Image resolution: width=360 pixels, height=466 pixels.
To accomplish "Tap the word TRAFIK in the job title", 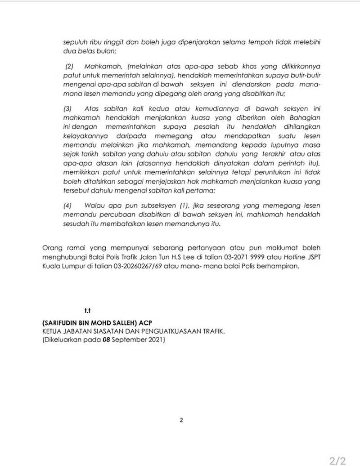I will [211, 332].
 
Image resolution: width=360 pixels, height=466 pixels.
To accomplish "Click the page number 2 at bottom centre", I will [181, 420].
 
